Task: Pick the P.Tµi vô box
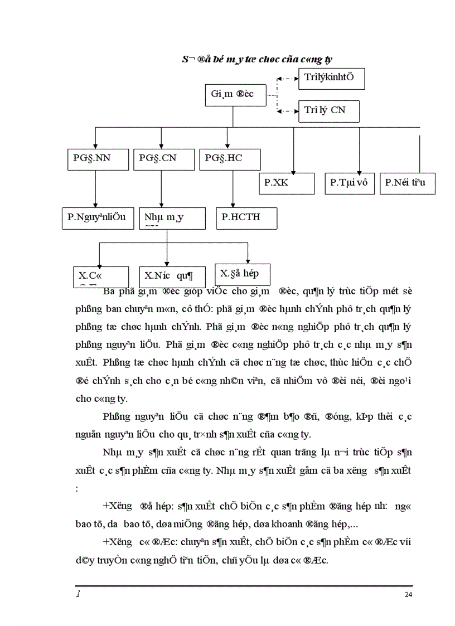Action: coord(350,183)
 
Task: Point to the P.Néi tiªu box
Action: coord(407,183)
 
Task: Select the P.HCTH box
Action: coord(246,218)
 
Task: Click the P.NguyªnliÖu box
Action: coord(97,218)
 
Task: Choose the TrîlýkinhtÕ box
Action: coord(332,77)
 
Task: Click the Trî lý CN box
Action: coord(328,111)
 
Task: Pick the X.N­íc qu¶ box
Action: coord(172,276)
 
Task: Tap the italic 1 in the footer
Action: coord(79,595)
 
